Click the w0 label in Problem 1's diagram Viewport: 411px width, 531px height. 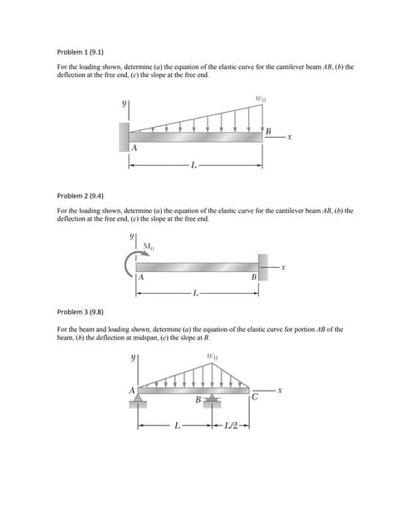(260, 99)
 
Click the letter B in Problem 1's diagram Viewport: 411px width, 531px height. (268, 130)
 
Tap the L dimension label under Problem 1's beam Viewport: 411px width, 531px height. (194, 166)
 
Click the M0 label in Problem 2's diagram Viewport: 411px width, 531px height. (149, 246)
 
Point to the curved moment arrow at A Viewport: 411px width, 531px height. (130, 265)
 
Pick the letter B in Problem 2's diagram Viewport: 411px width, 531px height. (252, 277)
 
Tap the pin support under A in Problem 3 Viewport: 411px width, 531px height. (137, 402)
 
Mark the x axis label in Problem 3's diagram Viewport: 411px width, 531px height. (285, 388)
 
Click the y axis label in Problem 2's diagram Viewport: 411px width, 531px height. (130, 235)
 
